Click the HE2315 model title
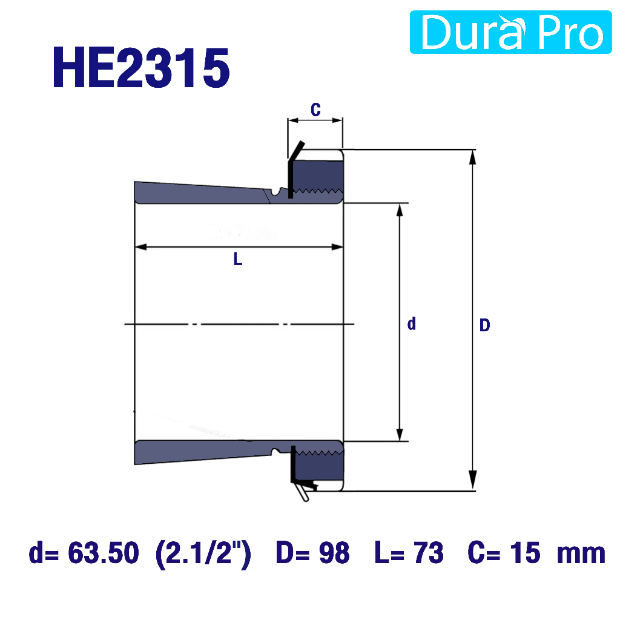141,68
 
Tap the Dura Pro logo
510,32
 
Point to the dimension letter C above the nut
315,110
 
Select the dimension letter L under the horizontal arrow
237,259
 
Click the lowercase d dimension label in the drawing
412,323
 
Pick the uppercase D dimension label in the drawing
485,325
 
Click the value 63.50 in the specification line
104,552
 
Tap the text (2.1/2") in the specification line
203,553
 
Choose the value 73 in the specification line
429,552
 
